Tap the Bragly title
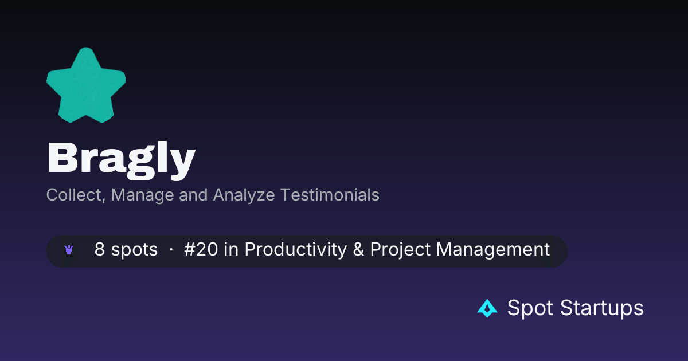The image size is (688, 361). tap(122, 160)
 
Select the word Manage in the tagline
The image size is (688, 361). tap(143, 195)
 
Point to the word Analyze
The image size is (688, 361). tap(244, 195)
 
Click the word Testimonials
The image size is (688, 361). tap(330, 195)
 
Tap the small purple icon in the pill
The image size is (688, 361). tap(69, 250)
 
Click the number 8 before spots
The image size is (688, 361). tap(100, 249)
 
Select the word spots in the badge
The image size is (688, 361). tap(134, 250)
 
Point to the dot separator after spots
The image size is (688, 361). tap(171, 250)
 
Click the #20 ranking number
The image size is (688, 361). tap(201, 249)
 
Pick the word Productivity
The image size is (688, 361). tap(296, 250)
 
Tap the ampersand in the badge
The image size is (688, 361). tap(358, 249)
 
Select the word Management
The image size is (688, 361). tap(493, 250)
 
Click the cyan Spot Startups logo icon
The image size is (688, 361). tap(487, 308)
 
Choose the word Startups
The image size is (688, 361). tap(601, 308)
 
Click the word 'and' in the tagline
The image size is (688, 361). tap(194, 195)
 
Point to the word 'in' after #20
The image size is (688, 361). tap(231, 249)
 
